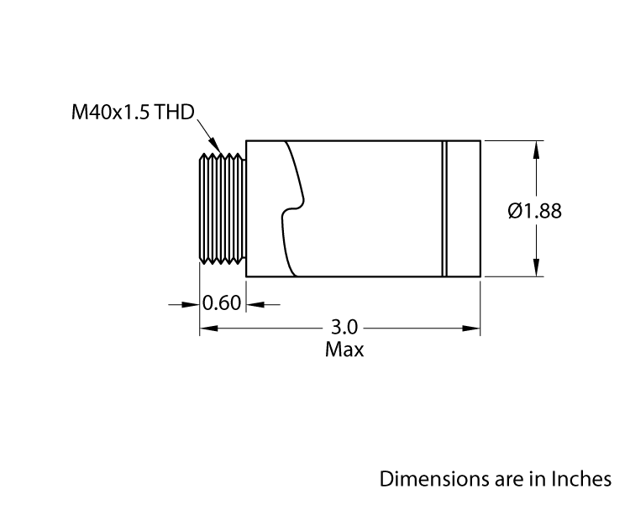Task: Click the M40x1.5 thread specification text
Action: tap(109, 113)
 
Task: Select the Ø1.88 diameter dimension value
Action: tap(535, 211)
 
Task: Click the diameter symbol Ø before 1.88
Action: tap(515, 211)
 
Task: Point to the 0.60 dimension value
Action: tap(223, 303)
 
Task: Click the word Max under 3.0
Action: tap(344, 350)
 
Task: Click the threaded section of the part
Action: tap(222, 208)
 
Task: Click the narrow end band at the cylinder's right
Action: tap(464, 208)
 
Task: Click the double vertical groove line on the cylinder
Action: tap(444, 208)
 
